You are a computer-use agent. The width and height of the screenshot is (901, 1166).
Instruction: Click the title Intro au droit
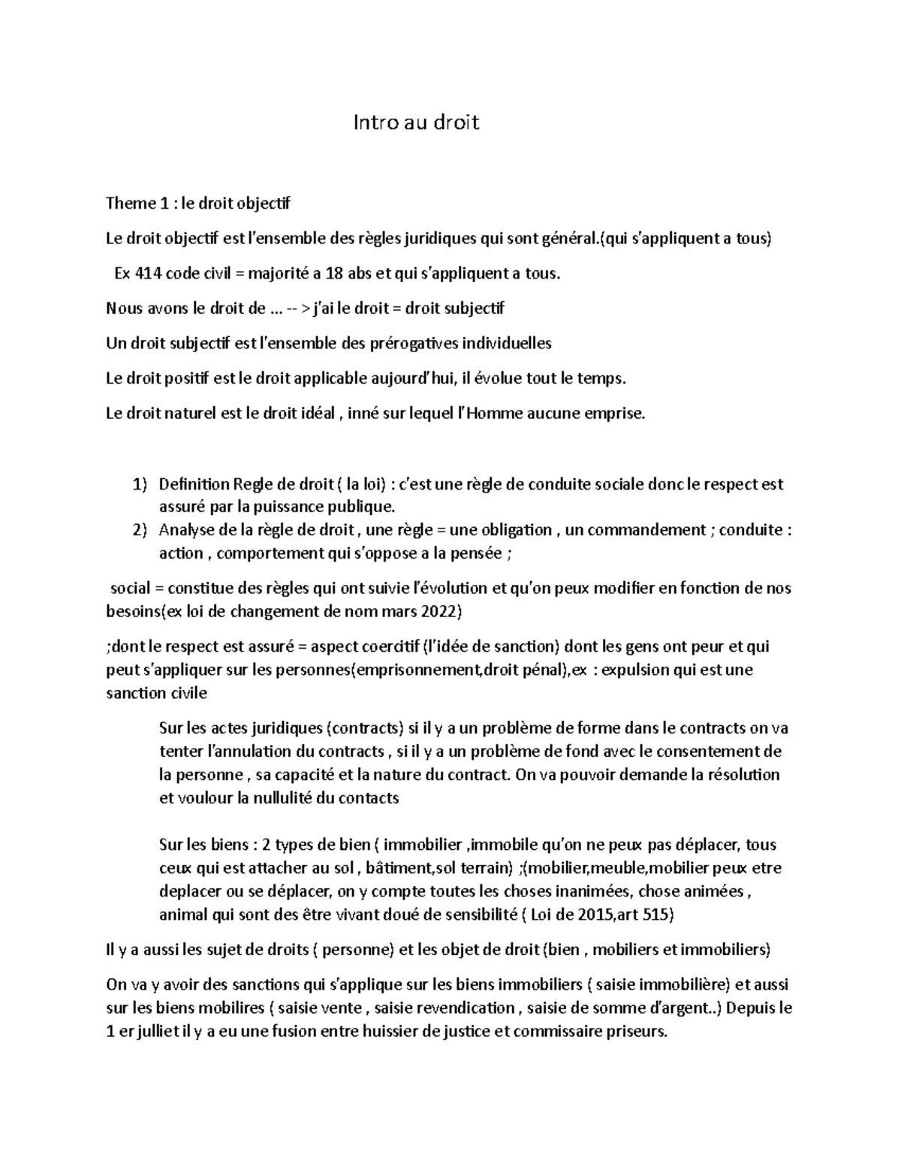(416, 122)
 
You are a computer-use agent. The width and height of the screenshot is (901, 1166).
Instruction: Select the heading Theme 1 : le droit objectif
(197, 203)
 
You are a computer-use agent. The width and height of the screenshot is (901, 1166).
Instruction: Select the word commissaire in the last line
(559, 1032)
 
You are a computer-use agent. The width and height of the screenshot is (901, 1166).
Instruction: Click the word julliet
(158, 1032)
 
